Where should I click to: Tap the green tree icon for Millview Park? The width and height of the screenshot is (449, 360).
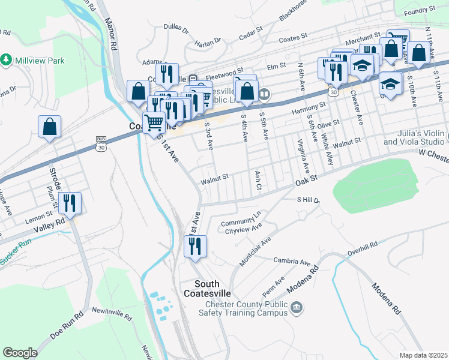pyautogui.click(x=6, y=60)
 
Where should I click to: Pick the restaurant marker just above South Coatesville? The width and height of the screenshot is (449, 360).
pyautogui.click(x=195, y=246)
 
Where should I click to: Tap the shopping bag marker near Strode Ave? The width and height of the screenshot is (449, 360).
pyautogui.click(x=49, y=127)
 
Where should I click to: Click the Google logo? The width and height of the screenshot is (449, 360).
pyautogui.click(x=20, y=353)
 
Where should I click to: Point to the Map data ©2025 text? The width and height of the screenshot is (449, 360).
pyautogui.click(x=423, y=355)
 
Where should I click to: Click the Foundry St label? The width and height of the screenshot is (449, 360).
pyautogui.click(x=420, y=10)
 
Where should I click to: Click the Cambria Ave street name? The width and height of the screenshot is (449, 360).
pyautogui.click(x=292, y=262)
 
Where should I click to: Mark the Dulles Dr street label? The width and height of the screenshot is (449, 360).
pyautogui.click(x=176, y=28)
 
